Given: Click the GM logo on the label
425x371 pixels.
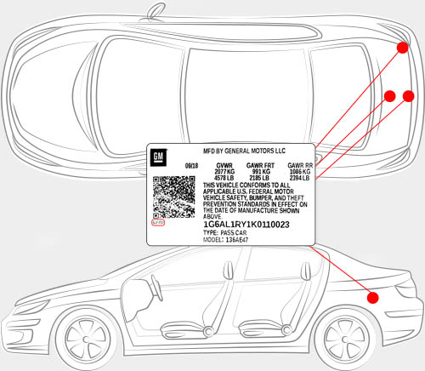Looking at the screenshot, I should [159, 157].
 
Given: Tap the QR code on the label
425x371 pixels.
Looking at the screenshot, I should [173, 197].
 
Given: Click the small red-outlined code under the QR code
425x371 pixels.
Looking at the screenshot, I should [159, 222].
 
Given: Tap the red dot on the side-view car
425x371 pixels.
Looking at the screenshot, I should [371, 297].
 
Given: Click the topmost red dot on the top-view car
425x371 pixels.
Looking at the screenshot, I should [403, 47].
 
